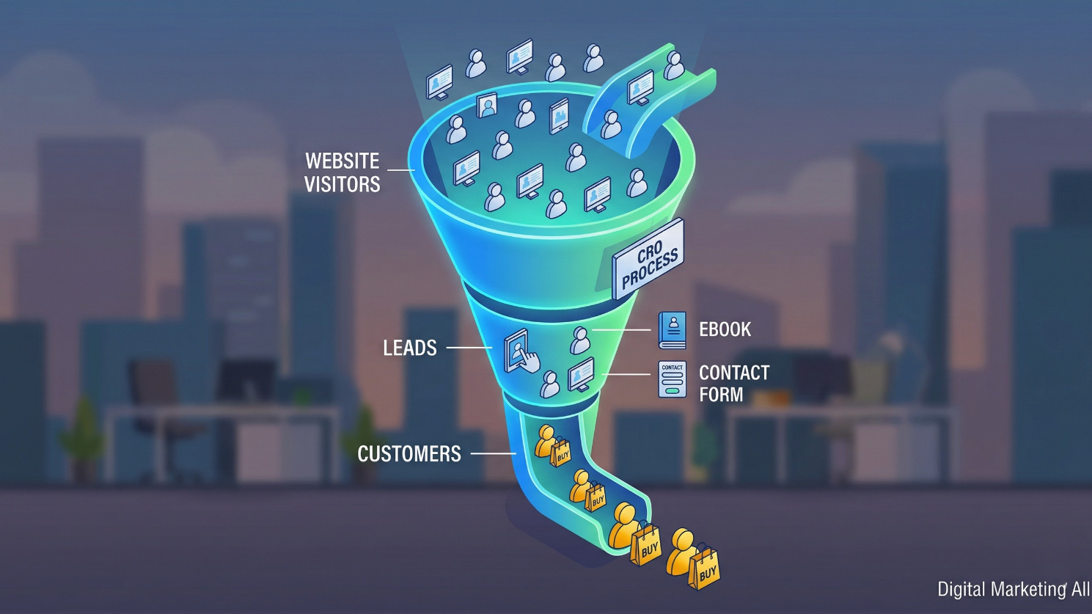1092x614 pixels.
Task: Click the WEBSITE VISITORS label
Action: tap(342, 172)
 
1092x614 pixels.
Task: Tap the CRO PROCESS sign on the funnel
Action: tap(648, 259)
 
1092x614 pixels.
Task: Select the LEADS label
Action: tap(409, 348)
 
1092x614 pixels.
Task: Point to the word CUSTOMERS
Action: tap(408, 454)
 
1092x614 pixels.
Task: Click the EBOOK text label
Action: tap(725, 330)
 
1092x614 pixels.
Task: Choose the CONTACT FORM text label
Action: tap(733, 384)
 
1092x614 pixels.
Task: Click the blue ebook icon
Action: tap(672, 329)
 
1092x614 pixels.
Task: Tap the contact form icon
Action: tap(672, 379)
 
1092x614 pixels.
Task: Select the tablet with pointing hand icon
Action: tap(519, 352)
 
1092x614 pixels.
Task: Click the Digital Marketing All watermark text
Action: tap(1012, 589)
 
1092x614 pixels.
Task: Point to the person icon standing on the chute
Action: tap(674, 66)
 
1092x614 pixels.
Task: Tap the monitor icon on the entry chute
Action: tap(640, 87)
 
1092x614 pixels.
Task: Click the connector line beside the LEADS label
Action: tap(468, 348)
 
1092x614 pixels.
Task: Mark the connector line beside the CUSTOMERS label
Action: tap(492, 454)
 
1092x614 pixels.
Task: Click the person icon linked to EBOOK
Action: tap(580, 340)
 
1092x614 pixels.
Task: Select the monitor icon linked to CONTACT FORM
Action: tap(581, 375)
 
